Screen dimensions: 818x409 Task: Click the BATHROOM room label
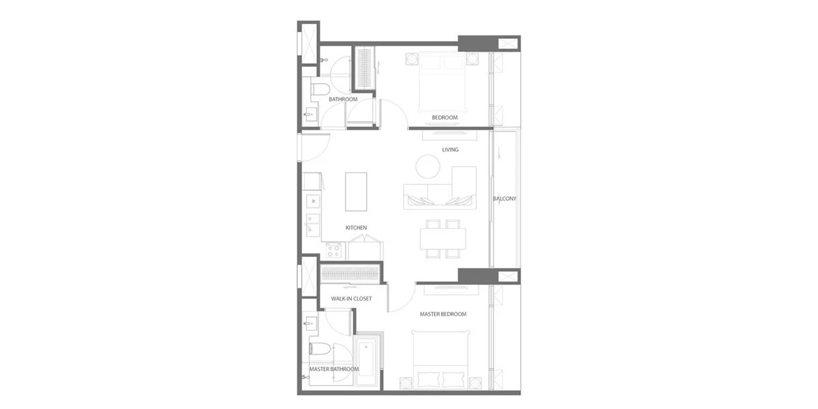tap(343, 100)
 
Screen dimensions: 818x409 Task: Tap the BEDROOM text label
tap(444, 117)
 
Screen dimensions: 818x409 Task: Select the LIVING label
tap(450, 150)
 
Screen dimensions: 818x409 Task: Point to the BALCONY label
tap(504, 198)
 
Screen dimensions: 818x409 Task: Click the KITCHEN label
tap(356, 228)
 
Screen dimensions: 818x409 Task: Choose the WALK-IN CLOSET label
tap(351, 299)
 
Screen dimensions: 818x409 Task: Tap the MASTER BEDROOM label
tap(443, 314)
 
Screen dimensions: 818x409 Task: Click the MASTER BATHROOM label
tap(334, 369)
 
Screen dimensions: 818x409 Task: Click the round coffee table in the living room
tap(427, 166)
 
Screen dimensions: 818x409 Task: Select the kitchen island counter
tap(356, 192)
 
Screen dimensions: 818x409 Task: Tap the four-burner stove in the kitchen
tap(333, 251)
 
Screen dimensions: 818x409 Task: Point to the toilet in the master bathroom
tap(320, 349)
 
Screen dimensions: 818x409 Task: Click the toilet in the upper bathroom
tap(320, 89)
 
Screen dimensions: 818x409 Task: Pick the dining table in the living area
tap(442, 239)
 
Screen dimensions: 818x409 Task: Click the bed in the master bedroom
tap(441, 359)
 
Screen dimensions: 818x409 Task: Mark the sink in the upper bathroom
tap(310, 115)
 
